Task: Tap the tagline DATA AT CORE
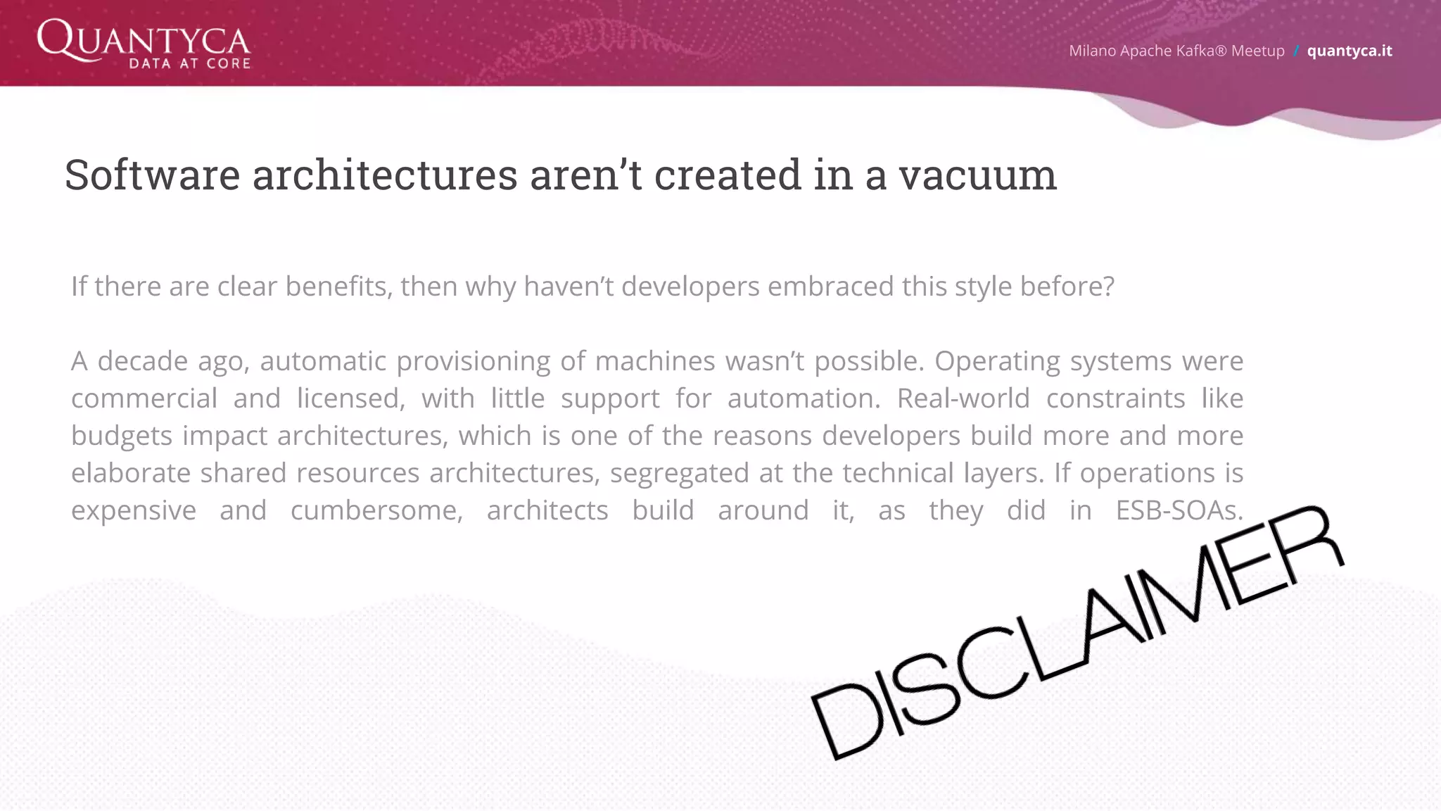point(190,63)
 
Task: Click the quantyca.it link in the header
point(1349,51)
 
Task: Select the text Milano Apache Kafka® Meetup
point(1176,51)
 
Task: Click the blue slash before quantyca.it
point(1295,51)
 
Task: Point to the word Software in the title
point(152,175)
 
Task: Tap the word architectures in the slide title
point(385,175)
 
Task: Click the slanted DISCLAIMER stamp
point(1077,634)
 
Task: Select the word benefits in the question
point(338,287)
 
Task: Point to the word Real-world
point(963,398)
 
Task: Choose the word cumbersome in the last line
point(376,510)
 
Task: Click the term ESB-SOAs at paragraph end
point(1179,510)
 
